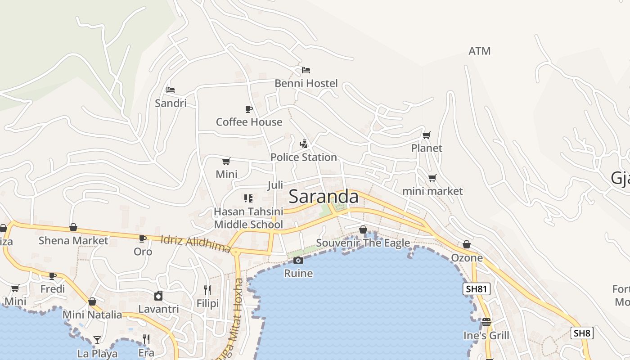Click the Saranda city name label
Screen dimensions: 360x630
(x=324, y=197)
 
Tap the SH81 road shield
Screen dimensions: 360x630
(x=476, y=289)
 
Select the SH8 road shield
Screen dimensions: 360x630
(x=582, y=333)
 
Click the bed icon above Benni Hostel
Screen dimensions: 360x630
(x=306, y=70)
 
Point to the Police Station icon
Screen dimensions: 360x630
(x=304, y=144)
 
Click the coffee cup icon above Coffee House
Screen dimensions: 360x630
(x=248, y=109)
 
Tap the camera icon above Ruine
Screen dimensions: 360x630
(x=298, y=260)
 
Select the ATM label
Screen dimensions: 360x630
(x=479, y=51)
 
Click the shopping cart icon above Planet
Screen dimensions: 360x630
(x=426, y=135)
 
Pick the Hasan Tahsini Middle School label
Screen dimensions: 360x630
(x=248, y=218)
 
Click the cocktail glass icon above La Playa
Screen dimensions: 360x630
(x=97, y=340)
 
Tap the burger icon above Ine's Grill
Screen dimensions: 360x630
(x=486, y=322)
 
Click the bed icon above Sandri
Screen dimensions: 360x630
(x=170, y=90)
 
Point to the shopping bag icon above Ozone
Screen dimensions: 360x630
(x=467, y=244)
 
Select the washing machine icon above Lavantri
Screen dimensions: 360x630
(x=158, y=296)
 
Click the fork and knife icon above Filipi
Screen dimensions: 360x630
(x=207, y=290)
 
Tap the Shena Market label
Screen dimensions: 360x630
(x=73, y=241)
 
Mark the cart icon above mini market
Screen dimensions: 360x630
(x=432, y=178)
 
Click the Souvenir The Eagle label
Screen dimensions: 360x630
(x=363, y=243)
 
